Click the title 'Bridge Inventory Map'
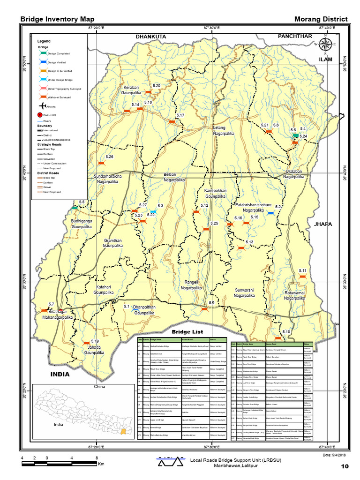[57, 19]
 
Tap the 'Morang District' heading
[321, 19]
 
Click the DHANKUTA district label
[151, 36]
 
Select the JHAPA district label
[323, 224]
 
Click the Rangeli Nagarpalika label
[192, 285]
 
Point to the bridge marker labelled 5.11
[302, 277]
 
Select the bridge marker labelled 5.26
[101, 163]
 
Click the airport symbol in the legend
[42, 106]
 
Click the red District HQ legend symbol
[40, 115]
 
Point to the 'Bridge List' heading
[186, 332]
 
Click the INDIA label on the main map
[60, 374]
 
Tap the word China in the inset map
[99, 387]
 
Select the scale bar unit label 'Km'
[101, 464]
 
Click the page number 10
[345, 466]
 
